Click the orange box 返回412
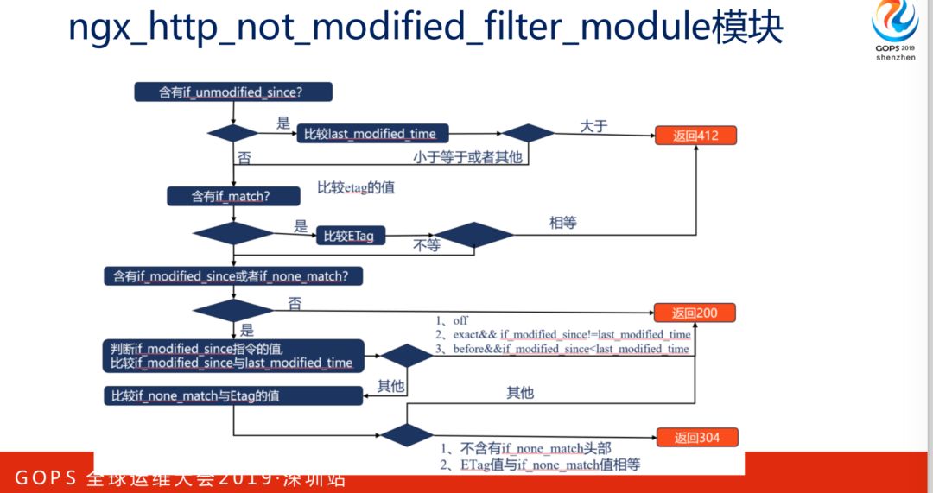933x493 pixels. [695, 136]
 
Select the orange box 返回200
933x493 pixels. [695, 313]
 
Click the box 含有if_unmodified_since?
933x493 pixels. [233, 92]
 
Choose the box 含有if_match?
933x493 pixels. [231, 196]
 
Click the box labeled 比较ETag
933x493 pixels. [351, 236]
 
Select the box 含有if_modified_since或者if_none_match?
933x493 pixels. [232, 276]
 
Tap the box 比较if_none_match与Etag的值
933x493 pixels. [232, 395]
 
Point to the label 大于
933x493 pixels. [593, 126]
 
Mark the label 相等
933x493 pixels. [562, 223]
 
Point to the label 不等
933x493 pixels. [427, 245]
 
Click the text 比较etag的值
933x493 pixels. [356, 187]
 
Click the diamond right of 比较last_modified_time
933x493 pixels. [528, 133]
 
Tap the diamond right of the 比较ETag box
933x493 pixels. [473, 234]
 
